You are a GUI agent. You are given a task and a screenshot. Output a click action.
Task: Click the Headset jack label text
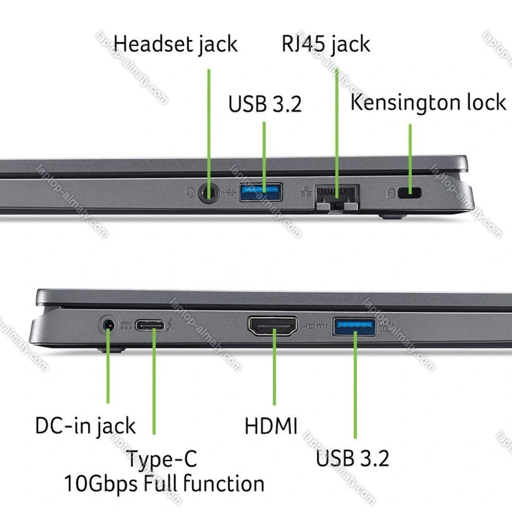pos(175,44)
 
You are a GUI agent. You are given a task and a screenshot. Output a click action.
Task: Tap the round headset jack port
pos(209,192)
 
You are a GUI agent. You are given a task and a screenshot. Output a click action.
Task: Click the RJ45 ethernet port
pos(336,194)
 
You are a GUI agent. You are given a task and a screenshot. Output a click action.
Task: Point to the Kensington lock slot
pos(411,193)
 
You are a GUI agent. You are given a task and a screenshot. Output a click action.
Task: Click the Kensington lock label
pos(428,102)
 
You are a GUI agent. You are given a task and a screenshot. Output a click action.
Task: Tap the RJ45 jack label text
pos(326,44)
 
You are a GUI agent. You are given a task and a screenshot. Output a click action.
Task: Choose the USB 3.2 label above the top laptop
pos(265,104)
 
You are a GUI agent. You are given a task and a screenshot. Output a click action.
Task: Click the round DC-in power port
pos(109,327)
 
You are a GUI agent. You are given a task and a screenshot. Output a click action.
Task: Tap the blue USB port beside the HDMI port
pos(354,327)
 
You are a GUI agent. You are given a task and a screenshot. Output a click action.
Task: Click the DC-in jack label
pos(85,425)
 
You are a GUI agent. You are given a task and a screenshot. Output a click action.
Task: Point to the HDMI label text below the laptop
pos(271,426)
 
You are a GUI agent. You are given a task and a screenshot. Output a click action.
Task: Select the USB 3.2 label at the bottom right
pos(353,456)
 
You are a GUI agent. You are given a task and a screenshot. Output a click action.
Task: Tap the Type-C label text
pos(161,458)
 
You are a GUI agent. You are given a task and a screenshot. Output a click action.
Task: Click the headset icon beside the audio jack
pos(189,192)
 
